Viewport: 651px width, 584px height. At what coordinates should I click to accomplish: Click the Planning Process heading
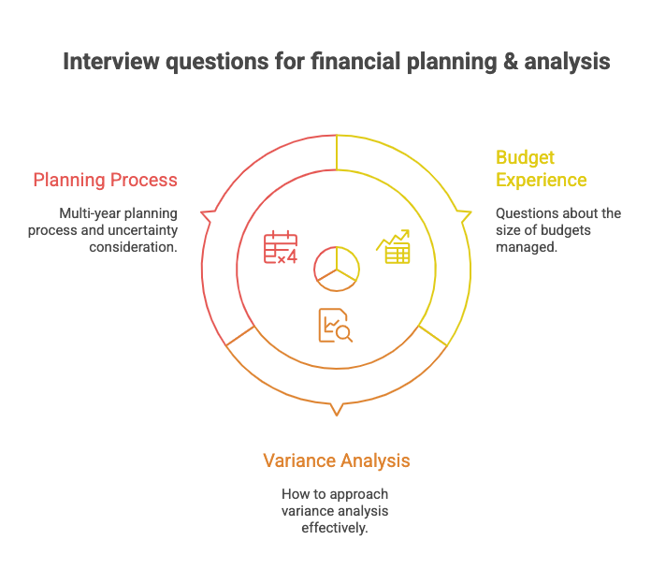coord(105,180)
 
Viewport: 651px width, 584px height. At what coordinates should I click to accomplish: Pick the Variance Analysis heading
coord(336,460)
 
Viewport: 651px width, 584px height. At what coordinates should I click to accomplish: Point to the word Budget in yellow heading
coord(525,157)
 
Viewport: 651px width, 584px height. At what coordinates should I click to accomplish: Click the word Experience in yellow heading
coord(541,180)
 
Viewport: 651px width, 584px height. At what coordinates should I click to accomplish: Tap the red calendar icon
coord(280,248)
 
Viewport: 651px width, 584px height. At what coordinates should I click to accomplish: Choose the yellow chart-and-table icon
coord(393,248)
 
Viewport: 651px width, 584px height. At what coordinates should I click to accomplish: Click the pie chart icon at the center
coord(336,266)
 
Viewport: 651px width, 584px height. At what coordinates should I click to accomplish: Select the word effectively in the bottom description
coord(336,528)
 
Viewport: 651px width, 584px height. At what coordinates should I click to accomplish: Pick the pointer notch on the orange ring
coord(336,409)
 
